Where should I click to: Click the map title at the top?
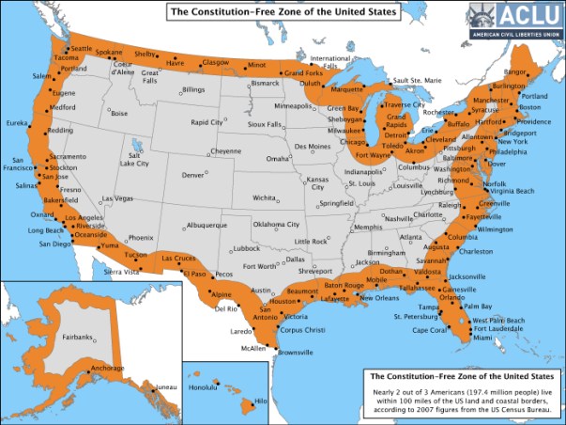283,12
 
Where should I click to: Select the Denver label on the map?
193,175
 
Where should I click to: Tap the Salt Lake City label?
133,159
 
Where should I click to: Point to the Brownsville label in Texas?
295,353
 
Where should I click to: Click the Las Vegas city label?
118,198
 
